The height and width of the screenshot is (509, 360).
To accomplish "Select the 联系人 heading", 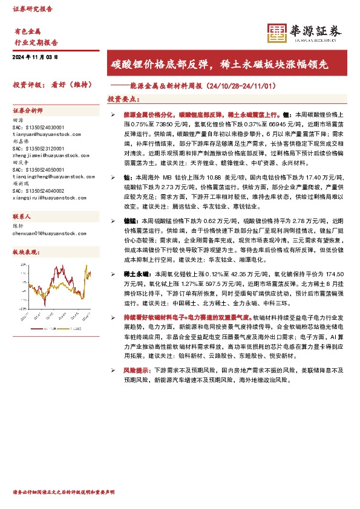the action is click(22, 216).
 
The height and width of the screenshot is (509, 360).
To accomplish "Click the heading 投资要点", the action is click(123, 99).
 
